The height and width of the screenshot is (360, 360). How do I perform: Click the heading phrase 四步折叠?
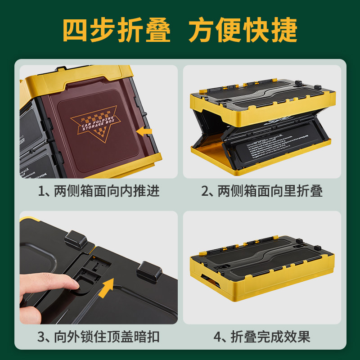tap(117, 31)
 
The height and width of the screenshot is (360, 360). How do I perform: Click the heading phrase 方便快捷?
tap(243, 31)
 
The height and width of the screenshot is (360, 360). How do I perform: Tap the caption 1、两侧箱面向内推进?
tap(99, 191)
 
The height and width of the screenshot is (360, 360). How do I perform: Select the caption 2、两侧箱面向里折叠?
tap(262, 191)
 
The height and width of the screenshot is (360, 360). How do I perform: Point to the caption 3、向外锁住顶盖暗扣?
tap(99, 337)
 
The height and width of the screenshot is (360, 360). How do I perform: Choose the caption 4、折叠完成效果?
tap(262, 337)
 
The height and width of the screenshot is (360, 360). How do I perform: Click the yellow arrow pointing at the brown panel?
tap(145, 131)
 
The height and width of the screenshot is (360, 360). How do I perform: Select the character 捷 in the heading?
tap(284, 31)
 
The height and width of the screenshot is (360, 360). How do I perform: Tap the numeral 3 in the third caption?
tap(42, 337)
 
